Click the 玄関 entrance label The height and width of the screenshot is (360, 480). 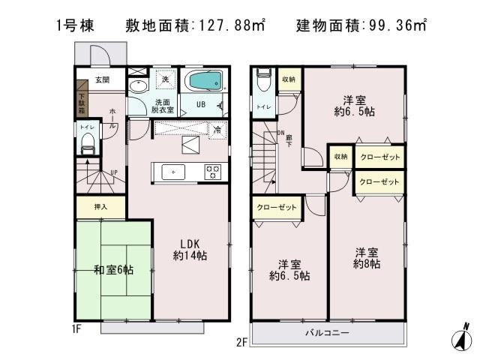pyautogui.click(x=102, y=79)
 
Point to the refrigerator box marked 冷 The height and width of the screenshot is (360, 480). pyautogui.click(x=216, y=128)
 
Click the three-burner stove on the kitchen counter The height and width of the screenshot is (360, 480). pyautogui.click(x=213, y=172)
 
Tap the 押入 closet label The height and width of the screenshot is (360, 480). pyautogui.click(x=101, y=208)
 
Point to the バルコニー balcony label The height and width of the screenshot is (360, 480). pyautogui.click(x=327, y=331)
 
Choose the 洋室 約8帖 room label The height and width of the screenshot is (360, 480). pyautogui.click(x=367, y=258)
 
